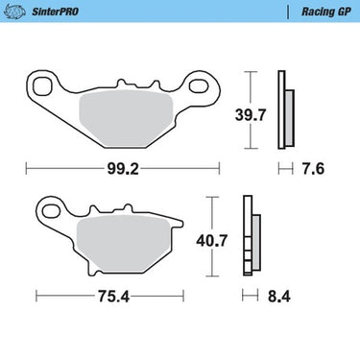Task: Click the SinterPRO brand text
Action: [x=55, y=12]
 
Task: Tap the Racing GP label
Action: [x=326, y=12]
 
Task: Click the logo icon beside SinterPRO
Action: [x=14, y=12]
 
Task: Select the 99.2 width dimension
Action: [x=123, y=169]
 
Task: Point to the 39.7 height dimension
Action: [x=251, y=115]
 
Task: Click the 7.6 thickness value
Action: [x=313, y=169]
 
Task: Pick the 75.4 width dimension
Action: [x=113, y=297]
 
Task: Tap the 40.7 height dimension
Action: [x=212, y=241]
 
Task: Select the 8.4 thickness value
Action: [x=279, y=297]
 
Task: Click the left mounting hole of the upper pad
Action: [x=42, y=85]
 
